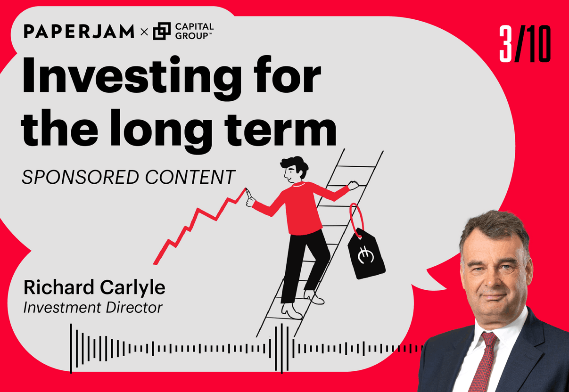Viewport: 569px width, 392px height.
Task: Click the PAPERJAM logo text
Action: tap(79, 32)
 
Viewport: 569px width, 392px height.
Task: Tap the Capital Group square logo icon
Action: tap(162, 32)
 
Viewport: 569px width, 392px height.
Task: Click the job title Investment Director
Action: tap(93, 308)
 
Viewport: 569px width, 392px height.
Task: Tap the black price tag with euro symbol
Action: tap(366, 252)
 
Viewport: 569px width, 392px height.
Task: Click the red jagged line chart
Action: tap(198, 226)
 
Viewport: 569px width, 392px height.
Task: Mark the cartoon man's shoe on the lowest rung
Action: tap(291, 310)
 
